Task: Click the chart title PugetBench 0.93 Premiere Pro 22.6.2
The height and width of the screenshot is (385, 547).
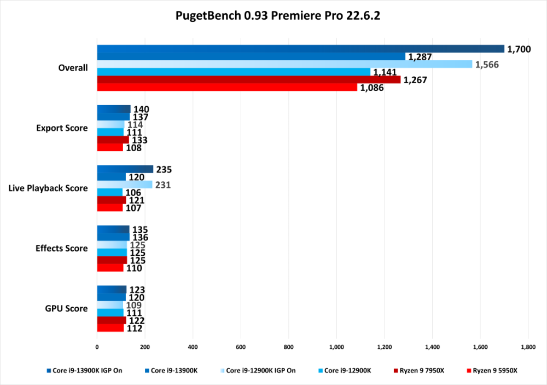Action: pyautogui.click(x=277, y=16)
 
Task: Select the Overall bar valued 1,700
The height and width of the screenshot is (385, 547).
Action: pyautogui.click(x=300, y=49)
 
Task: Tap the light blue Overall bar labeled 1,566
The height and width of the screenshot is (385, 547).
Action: pyautogui.click(x=284, y=64)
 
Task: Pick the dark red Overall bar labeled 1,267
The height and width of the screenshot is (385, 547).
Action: pyautogui.click(x=248, y=79)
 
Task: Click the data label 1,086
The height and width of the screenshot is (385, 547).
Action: pyautogui.click(x=372, y=88)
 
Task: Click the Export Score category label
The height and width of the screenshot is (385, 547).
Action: pyautogui.click(x=62, y=128)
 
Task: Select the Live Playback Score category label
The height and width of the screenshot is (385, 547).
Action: pyautogui.click(x=48, y=188)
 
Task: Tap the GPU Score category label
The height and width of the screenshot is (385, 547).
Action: pyautogui.click(x=66, y=308)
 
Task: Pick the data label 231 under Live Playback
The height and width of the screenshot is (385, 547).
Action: pyautogui.click(x=163, y=185)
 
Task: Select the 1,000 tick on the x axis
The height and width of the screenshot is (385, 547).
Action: pyautogui.click(x=336, y=347)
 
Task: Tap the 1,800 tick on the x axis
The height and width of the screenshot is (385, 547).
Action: pyautogui.click(x=528, y=347)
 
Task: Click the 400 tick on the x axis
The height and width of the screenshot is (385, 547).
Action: pyautogui.click(x=193, y=347)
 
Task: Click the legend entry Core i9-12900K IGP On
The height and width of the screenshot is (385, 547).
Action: pyautogui.click(x=260, y=371)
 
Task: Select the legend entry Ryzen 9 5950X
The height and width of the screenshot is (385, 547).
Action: pyautogui.click(x=494, y=371)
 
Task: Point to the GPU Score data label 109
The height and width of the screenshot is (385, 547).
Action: pyautogui.click(x=134, y=305)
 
